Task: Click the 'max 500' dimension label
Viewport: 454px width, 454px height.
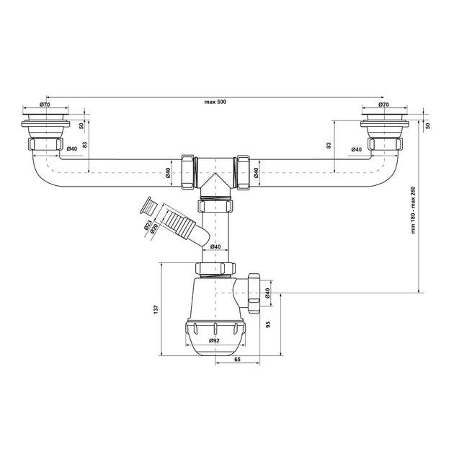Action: [215, 102]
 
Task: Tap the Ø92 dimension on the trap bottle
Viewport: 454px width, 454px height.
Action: [214, 340]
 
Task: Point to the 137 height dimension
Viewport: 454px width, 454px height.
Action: [156, 309]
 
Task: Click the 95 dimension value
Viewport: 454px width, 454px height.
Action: [268, 324]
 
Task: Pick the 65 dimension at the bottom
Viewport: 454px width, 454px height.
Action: [237, 360]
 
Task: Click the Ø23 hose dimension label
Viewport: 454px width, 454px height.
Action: [148, 225]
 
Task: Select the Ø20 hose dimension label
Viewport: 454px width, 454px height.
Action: [153, 228]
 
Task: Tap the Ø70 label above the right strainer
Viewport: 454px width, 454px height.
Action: [383, 104]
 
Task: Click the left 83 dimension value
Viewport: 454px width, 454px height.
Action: [85, 145]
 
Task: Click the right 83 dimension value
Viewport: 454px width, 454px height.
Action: [329, 146]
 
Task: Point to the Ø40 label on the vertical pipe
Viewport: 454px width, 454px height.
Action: [215, 246]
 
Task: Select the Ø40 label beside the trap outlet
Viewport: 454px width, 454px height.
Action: [267, 293]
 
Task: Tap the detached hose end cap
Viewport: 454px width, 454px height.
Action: [148, 206]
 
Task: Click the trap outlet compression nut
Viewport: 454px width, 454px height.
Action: [254, 293]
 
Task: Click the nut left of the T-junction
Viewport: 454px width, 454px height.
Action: [189, 172]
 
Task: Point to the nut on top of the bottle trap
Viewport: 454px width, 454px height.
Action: [215, 268]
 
